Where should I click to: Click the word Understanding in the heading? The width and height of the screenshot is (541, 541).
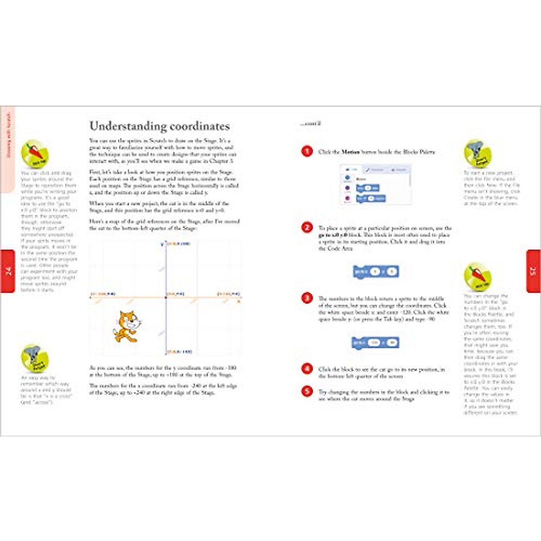[x=121, y=126]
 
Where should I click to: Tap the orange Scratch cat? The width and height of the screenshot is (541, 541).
[x=127, y=326]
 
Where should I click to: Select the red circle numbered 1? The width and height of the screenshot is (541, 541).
[x=307, y=151]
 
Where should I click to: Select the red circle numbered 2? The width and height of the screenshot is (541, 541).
[x=307, y=228]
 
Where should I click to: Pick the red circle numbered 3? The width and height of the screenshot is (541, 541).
[x=307, y=298]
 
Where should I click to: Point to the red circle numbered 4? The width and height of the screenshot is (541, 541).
[x=307, y=369]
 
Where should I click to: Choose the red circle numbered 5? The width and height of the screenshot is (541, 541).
[x=307, y=391]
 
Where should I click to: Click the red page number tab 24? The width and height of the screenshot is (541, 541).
[x=8, y=271]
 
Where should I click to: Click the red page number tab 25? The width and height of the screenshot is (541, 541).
[x=533, y=271]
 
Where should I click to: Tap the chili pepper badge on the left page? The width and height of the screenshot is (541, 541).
[x=35, y=154]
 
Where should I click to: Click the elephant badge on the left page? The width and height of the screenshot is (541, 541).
[x=34, y=359]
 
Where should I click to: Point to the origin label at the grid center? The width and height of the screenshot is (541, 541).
[x=176, y=294]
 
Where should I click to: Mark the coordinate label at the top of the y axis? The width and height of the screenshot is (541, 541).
[x=179, y=244]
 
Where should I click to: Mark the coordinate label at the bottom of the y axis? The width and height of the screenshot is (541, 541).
[x=179, y=352]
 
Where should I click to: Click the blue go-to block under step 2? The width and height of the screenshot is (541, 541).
[x=376, y=271]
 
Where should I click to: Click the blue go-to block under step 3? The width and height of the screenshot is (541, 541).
[x=376, y=343]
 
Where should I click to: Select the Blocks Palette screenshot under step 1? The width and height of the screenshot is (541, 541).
[x=376, y=184]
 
